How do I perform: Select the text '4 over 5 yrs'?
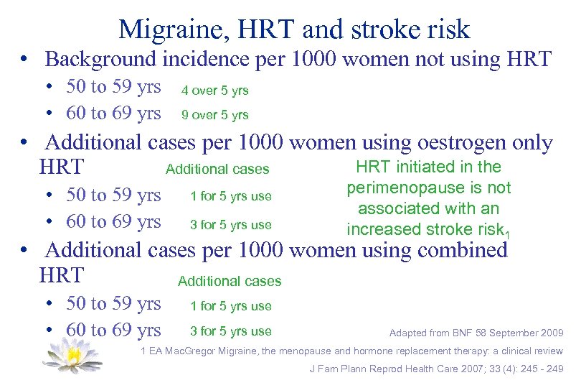pyautogui.click(x=214, y=91)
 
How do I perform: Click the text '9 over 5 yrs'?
pyautogui.click(x=214, y=114)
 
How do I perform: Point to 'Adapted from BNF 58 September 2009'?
pyautogui.click(x=476, y=333)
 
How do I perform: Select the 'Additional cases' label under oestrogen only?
pyautogui.click(x=217, y=170)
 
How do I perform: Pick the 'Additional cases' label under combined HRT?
pyautogui.click(x=230, y=281)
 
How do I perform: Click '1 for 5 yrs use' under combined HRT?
pyautogui.click(x=230, y=306)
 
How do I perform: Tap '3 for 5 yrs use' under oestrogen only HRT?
pyautogui.click(x=230, y=225)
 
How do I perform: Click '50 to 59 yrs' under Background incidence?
pyautogui.click(x=113, y=87)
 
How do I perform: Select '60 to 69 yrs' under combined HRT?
pyautogui.click(x=113, y=330)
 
